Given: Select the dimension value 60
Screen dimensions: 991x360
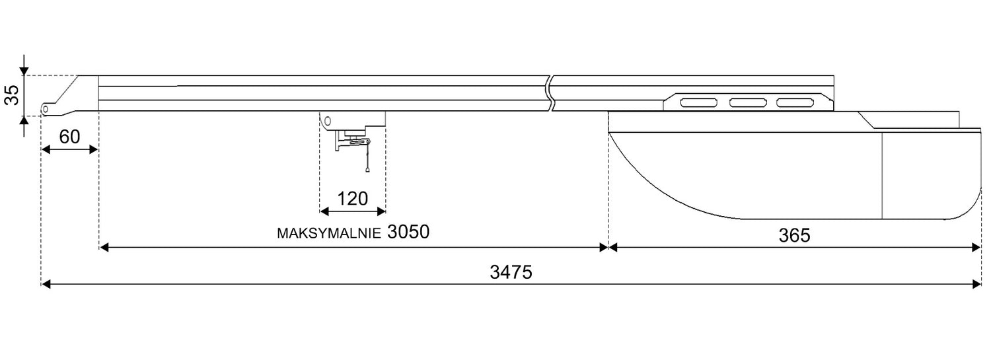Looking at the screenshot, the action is point(69,137).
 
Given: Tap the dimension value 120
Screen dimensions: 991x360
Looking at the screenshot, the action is point(353,199).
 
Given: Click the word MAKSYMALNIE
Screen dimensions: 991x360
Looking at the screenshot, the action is point(329,234).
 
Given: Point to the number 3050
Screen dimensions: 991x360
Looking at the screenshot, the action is point(408,232).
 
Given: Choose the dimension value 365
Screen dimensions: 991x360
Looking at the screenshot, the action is point(795,236).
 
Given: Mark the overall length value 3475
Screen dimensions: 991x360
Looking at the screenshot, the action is point(511,272).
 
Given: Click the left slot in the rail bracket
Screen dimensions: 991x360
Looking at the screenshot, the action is point(699,103).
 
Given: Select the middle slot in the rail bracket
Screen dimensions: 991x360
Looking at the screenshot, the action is point(748,103).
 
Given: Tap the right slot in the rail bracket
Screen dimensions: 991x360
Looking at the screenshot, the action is point(795,103).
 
